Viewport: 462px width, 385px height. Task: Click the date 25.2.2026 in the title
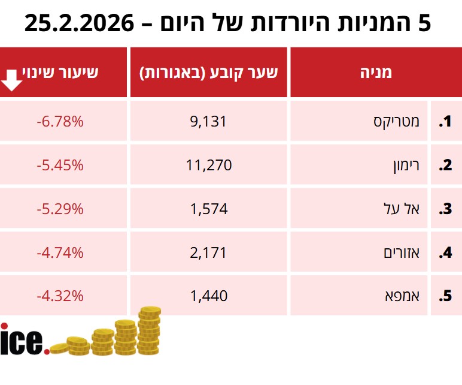click(80, 24)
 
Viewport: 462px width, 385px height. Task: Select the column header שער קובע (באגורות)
click(209, 73)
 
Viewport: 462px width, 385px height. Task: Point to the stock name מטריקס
click(397, 122)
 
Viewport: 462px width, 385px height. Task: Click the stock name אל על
click(403, 209)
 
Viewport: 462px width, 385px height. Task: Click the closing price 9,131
click(209, 122)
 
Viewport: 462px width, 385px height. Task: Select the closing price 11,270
click(209, 165)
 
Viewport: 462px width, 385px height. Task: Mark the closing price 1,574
click(209, 209)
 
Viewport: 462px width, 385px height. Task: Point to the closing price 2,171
click(209, 252)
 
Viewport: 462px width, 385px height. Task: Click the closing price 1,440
click(209, 296)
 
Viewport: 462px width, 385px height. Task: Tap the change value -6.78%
click(59, 122)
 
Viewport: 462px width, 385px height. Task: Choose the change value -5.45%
click(59, 165)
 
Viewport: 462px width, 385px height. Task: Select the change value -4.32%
click(59, 296)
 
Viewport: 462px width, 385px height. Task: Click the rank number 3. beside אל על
click(445, 209)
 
